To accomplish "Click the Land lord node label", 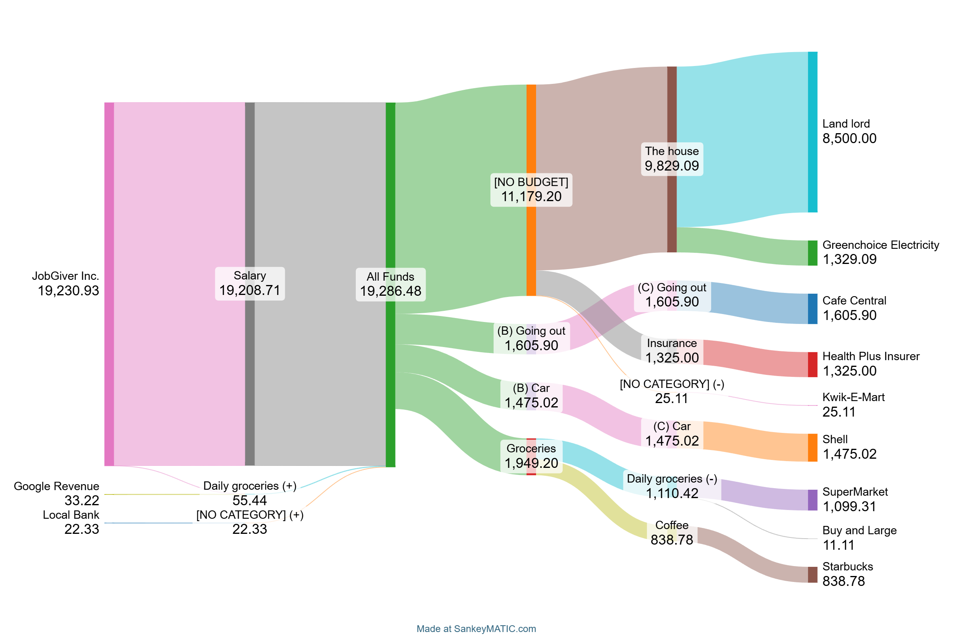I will (x=846, y=124).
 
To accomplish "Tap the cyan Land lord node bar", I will (x=812, y=132).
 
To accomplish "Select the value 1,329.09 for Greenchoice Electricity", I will (x=849, y=260).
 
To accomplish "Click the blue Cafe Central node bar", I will (x=812, y=309).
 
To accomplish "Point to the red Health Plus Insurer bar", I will (x=812, y=365).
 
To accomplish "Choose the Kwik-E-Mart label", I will (x=853, y=397).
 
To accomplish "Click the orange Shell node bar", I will (x=812, y=448).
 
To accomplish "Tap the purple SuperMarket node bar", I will (x=812, y=500).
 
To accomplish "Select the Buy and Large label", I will (x=859, y=531).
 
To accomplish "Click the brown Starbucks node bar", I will (x=812, y=575).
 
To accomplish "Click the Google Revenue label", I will (x=56, y=486).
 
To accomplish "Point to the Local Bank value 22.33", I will (x=81, y=529).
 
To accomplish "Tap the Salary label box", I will (x=250, y=283).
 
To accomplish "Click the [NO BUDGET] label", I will (x=531, y=182).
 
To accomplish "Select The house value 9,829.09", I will (x=672, y=166).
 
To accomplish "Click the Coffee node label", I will (x=672, y=525).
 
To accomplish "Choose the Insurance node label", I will (x=672, y=343).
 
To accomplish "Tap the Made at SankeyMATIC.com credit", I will (x=476, y=629).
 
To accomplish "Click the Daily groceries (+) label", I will (x=250, y=486).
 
